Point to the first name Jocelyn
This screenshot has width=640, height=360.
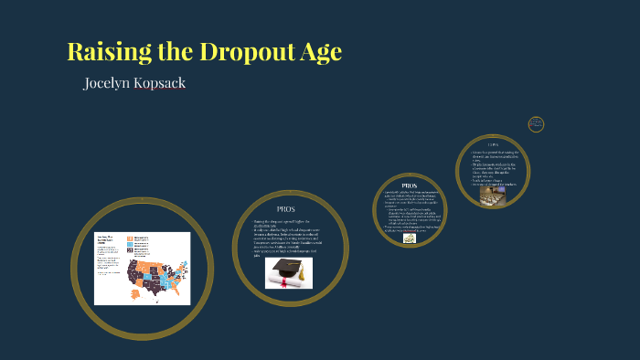[110, 83]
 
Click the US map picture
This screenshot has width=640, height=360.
[142, 268]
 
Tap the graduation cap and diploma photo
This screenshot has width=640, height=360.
[289, 272]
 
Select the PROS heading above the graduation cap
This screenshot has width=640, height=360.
[286, 209]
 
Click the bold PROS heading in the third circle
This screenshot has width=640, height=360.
[409, 185]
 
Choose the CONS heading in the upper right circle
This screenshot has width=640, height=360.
[493, 143]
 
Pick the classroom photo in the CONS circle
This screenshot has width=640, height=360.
[493, 196]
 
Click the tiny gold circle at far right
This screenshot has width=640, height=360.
[536, 124]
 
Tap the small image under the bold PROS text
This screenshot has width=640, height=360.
[409, 238]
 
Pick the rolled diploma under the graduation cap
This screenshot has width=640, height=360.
[291, 282]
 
